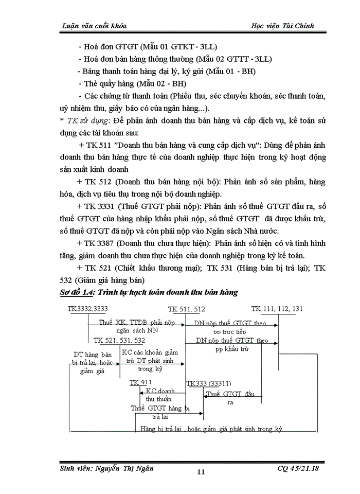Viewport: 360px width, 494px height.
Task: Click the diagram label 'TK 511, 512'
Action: [x=186, y=309]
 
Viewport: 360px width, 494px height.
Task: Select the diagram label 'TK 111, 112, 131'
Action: [x=277, y=309]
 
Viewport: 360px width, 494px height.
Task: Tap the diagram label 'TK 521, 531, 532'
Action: [x=119, y=341]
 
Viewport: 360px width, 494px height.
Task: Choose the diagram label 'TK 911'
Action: [x=137, y=383]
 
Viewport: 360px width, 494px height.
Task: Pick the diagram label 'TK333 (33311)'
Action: [x=209, y=383]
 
